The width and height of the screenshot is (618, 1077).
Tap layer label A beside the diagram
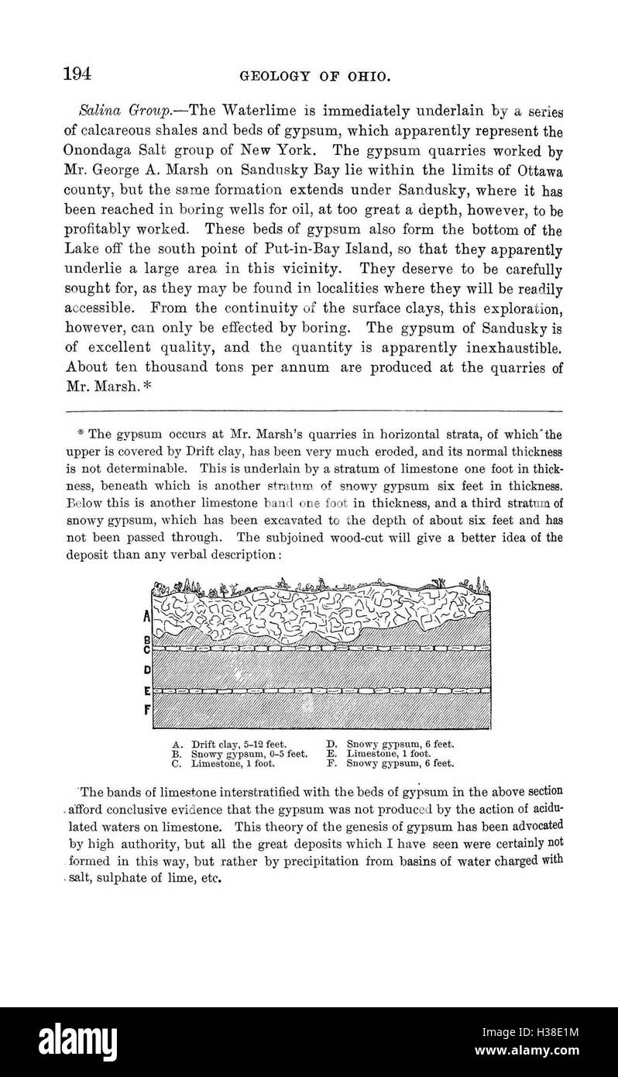pyautogui.click(x=146, y=618)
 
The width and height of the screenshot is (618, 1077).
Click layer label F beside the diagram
pyautogui.click(x=146, y=708)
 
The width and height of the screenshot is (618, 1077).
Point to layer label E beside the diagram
pyautogui.click(x=146, y=690)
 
